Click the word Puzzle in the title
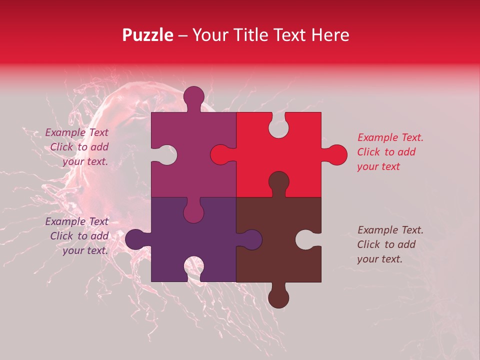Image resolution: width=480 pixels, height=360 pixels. point(148,35)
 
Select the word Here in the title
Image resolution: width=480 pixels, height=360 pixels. point(330,35)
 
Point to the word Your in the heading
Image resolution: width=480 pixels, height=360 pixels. point(210,35)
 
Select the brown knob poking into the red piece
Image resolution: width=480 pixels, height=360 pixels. point(278,182)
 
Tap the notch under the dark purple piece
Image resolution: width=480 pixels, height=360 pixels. point(193,267)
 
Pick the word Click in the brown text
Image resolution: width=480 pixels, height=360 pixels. point(369,244)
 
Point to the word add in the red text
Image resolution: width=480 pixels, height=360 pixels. point(406,152)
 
